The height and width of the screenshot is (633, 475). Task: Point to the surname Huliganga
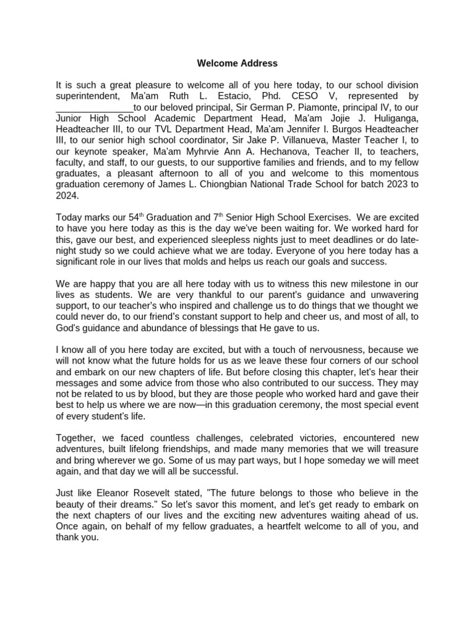click(393, 118)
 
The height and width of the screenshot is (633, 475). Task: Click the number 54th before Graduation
click(131, 218)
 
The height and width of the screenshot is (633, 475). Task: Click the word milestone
click(382, 284)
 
